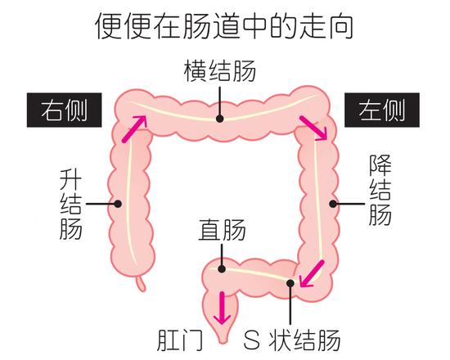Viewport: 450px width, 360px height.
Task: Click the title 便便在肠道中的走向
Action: point(224,25)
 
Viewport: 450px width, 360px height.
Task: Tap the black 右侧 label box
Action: point(65,110)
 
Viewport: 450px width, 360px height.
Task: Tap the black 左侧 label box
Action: point(382,110)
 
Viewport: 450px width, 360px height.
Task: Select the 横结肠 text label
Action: point(220,71)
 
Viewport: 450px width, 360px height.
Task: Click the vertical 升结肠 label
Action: point(70,204)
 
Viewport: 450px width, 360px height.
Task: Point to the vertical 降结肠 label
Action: point(380,190)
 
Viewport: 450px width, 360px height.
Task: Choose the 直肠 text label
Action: point(222,230)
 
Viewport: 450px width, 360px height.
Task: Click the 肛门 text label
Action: point(180,340)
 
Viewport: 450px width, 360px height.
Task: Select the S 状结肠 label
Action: point(292,340)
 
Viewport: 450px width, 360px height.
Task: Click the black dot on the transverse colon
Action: point(220,119)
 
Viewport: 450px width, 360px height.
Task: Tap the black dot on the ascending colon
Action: point(118,204)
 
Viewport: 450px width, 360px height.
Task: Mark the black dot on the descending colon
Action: point(333,204)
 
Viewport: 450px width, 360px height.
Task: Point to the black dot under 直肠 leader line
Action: point(222,269)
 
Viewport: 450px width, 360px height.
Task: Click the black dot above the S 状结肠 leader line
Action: point(290,283)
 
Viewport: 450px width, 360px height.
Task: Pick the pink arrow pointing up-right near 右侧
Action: point(134,129)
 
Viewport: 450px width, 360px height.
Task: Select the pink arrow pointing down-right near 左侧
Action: point(313,128)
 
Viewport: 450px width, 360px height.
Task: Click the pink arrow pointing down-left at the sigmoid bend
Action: point(312,273)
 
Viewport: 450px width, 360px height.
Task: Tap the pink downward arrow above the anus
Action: point(222,308)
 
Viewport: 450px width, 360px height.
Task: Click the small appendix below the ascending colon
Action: point(141,283)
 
